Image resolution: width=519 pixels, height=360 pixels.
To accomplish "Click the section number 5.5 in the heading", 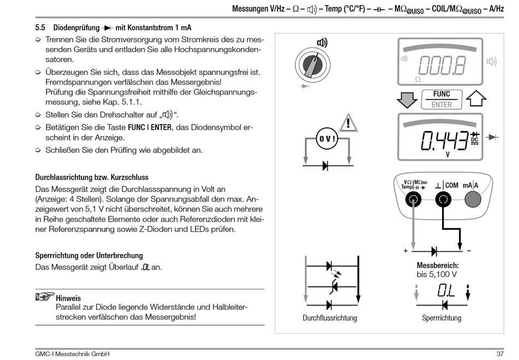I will click(40, 27).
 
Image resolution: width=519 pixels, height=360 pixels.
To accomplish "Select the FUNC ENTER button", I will click(441, 99).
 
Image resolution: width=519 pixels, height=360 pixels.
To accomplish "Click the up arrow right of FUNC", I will click(476, 99).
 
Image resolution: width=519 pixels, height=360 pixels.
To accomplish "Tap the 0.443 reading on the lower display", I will click(444, 140).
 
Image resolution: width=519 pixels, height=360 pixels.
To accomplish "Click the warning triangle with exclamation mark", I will click(347, 122).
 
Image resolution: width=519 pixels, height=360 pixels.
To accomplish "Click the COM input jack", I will click(443, 201).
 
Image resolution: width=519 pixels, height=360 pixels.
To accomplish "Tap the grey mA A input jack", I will click(473, 201).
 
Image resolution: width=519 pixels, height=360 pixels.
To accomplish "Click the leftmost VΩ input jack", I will click(414, 201).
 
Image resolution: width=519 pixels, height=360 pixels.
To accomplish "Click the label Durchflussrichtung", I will click(329, 318).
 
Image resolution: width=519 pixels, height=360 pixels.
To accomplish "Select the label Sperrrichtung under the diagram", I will click(441, 318).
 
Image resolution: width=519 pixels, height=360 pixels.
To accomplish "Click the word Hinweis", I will click(68, 298).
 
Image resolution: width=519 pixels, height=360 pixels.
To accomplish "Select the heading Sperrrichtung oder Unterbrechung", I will click(89, 255).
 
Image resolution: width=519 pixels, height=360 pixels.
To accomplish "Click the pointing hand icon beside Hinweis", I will click(44, 297).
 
